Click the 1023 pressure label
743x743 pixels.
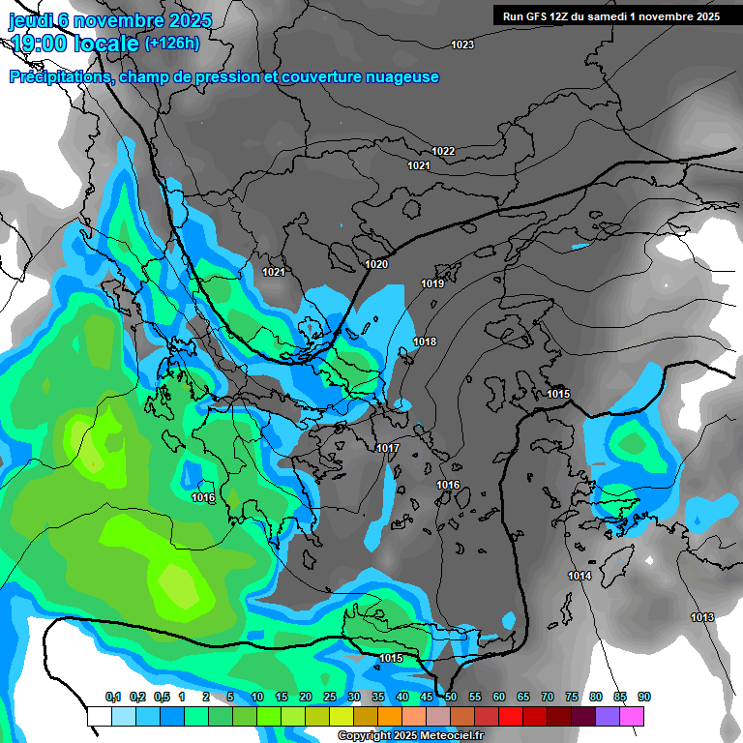point(462,45)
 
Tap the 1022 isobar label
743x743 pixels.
point(443,151)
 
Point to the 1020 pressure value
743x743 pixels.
point(376,264)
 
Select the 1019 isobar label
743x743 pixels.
point(432,283)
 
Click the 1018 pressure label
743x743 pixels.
point(425,342)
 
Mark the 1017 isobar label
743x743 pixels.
point(388,448)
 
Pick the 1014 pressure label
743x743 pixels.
point(580,576)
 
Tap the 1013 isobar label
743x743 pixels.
point(702,617)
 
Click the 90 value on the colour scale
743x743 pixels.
point(644,697)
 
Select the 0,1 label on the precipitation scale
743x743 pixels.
point(112,697)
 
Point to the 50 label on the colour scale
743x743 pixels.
point(451,697)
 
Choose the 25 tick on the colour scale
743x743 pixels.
point(329,697)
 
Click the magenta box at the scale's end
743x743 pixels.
point(632,716)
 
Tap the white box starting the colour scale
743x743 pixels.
point(99,716)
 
